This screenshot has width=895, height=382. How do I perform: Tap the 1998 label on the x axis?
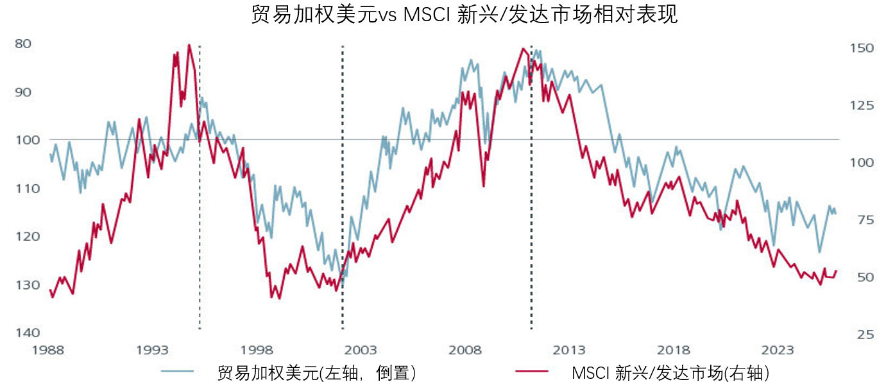257,351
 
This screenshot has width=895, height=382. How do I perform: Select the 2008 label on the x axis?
465,351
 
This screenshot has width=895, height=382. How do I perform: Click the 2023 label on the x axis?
778,351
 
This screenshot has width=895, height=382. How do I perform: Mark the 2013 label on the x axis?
569,351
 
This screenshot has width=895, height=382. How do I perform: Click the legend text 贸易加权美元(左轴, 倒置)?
317,372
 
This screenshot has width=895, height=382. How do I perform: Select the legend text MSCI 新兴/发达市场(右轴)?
670,372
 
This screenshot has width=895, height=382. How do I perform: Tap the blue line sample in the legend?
178,371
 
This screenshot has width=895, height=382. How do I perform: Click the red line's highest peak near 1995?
189,45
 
